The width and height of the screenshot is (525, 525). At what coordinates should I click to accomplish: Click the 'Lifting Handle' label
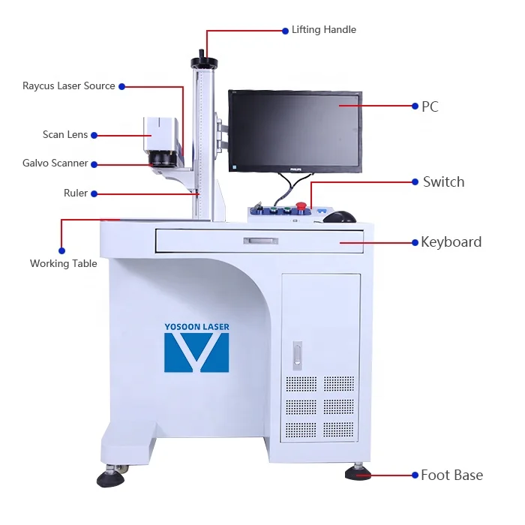click(x=323, y=30)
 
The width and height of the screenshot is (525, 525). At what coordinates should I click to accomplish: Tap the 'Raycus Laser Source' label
click(x=69, y=86)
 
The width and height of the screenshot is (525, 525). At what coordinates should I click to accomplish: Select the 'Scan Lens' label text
click(x=65, y=135)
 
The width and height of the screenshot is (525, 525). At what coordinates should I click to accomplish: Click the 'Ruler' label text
click(x=76, y=193)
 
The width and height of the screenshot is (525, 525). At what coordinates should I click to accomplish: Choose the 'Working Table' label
click(x=64, y=263)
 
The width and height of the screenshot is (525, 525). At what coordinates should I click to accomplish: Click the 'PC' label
click(x=430, y=106)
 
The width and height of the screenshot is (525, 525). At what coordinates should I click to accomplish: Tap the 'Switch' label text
click(x=443, y=182)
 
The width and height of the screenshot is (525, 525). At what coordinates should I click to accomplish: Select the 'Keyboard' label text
click(x=451, y=242)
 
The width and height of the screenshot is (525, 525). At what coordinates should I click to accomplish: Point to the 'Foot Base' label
click(x=451, y=475)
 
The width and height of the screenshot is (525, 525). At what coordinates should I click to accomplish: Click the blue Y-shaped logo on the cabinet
click(x=196, y=352)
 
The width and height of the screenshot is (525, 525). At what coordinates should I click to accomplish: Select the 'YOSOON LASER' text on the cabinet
click(x=196, y=327)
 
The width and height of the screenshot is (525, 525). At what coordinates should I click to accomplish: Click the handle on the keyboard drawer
click(x=259, y=241)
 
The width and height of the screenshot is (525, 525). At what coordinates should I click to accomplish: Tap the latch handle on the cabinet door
click(x=298, y=355)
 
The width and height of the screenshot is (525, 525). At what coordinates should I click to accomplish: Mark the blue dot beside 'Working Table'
click(x=61, y=250)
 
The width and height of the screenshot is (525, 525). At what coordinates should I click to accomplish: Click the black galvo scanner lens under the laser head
click(x=160, y=160)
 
